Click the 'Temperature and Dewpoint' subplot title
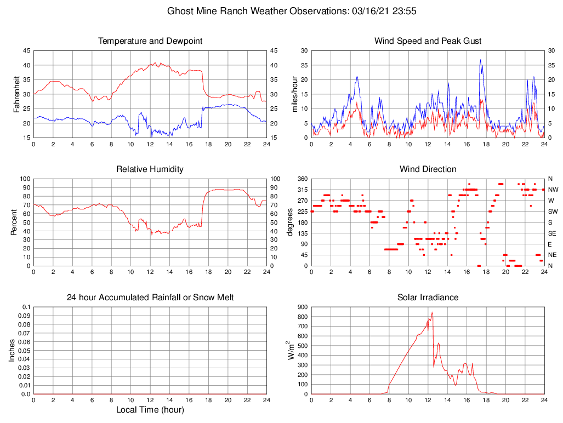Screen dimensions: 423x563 [x=150, y=41]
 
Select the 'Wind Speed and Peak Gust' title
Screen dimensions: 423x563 [x=428, y=41]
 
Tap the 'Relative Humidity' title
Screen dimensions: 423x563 [x=150, y=169]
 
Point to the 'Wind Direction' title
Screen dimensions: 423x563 [x=428, y=169]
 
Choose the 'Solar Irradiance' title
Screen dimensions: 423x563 [x=428, y=298]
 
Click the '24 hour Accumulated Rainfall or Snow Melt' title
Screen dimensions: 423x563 [x=150, y=298]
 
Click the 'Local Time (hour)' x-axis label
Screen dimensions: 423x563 [x=150, y=410]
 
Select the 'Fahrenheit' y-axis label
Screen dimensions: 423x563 [x=16, y=94]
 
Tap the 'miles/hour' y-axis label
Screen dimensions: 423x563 [x=294, y=94]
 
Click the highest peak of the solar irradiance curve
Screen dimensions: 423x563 [x=432, y=312]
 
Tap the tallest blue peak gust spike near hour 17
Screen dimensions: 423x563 [x=480, y=60]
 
